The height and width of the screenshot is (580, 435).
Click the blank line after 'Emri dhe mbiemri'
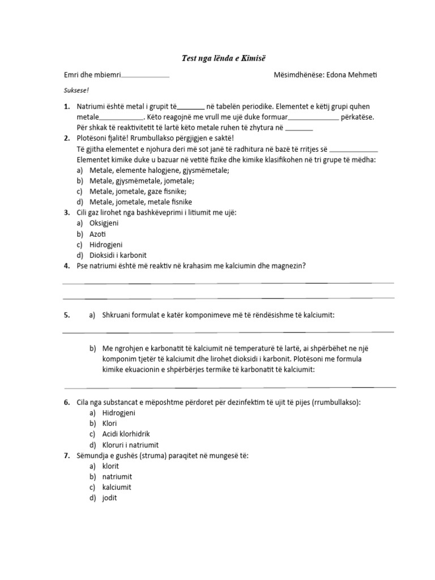point(146,76)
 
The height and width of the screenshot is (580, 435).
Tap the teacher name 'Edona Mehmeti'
point(340,75)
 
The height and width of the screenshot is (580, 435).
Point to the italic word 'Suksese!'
point(76,90)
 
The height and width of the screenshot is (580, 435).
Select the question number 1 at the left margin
point(66,106)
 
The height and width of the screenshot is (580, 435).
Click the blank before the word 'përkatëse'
point(314,118)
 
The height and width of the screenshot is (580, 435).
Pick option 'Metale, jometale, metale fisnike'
point(140,202)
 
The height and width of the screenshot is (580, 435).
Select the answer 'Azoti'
point(98,234)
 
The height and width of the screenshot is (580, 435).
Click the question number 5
point(66,315)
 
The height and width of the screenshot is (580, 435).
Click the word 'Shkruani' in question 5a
point(117,315)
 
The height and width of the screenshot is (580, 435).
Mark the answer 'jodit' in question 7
point(110,498)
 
